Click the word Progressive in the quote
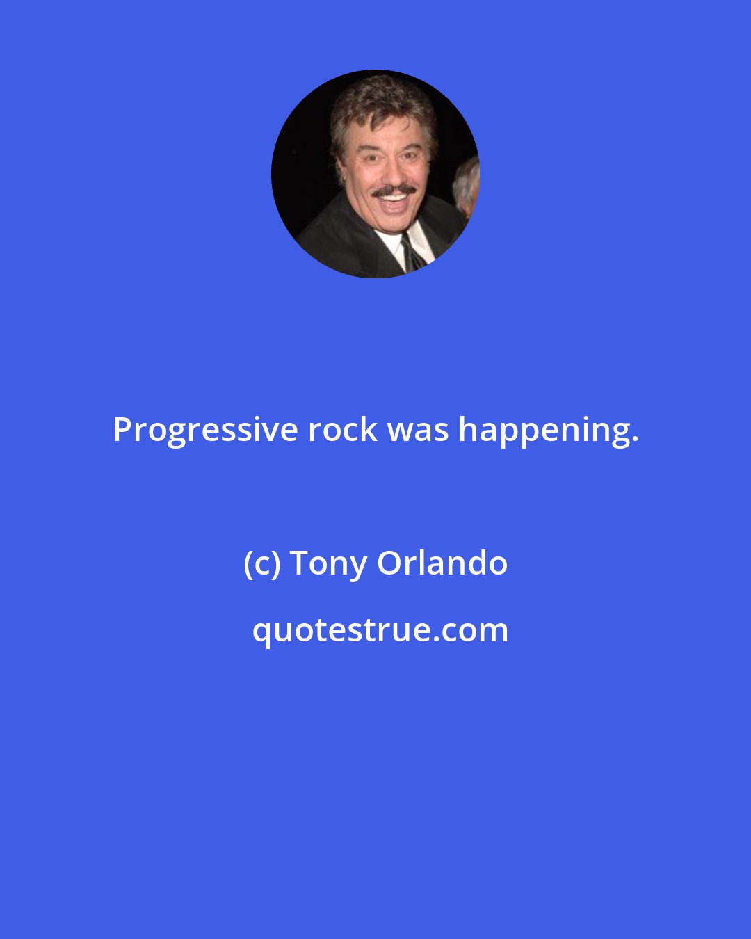tap(204, 431)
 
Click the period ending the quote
tap(635, 440)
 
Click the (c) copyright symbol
tap(261, 563)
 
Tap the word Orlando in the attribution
tap(442, 563)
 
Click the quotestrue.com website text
tap(380, 631)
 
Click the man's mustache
tap(394, 190)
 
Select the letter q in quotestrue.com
tap(261, 633)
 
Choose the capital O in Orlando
tap(389, 563)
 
